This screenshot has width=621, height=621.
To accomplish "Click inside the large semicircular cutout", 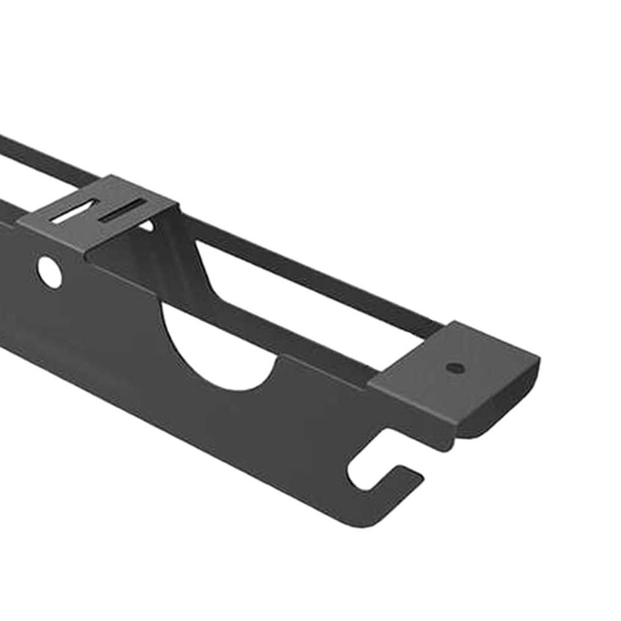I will [x=217, y=348].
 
